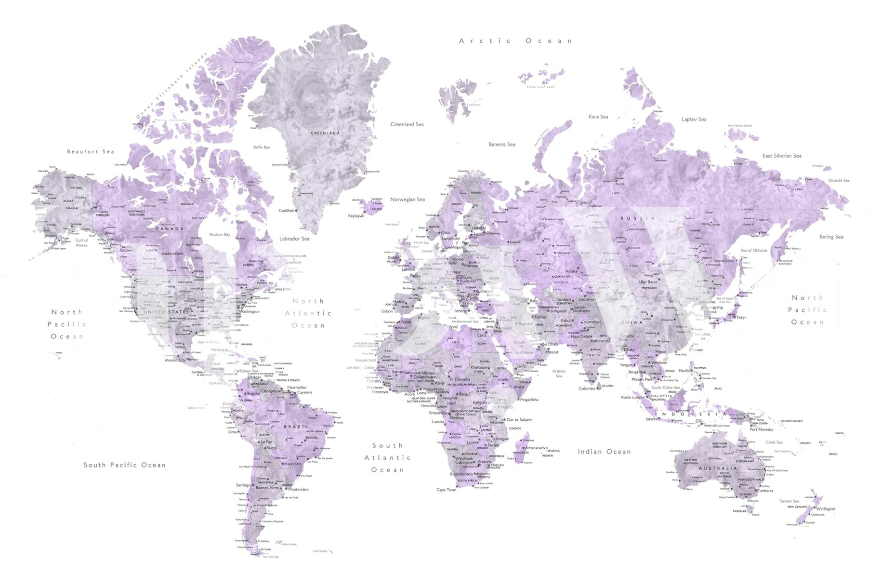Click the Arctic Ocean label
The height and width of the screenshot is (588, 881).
[x=516, y=41]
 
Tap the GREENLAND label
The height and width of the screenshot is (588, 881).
[x=325, y=133]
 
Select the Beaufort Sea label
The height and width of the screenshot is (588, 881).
[x=91, y=152]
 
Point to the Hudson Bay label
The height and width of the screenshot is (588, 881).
[x=220, y=235]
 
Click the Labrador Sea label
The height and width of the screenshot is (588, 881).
[x=294, y=239]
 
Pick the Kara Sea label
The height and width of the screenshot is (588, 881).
[x=598, y=117]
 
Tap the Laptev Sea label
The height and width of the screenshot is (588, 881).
[x=694, y=120]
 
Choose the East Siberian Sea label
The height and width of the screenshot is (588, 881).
[x=782, y=156]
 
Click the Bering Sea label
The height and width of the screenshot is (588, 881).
[x=831, y=237]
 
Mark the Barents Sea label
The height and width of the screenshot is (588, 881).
[x=502, y=145]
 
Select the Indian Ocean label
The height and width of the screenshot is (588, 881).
[x=604, y=452]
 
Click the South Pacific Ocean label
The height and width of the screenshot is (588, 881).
[x=125, y=465]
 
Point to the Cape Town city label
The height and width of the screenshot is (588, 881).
[x=446, y=490]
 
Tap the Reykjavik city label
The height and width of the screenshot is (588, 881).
[x=356, y=216]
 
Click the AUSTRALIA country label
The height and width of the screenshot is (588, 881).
[x=718, y=468]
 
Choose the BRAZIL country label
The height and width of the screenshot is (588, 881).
[x=296, y=427]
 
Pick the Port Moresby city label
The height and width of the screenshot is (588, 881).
[x=762, y=429]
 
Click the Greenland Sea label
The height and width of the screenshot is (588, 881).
[x=407, y=124]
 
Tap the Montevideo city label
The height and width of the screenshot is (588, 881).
[x=299, y=489]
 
